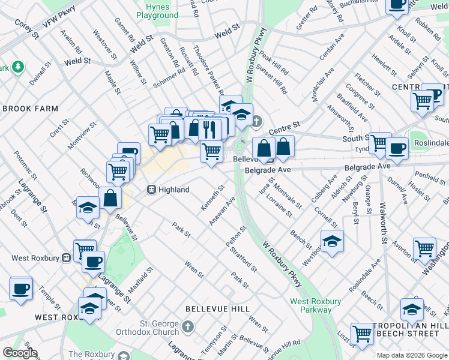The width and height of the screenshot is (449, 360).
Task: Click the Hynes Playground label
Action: point(157,10)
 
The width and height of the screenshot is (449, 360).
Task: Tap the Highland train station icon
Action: point(152,190)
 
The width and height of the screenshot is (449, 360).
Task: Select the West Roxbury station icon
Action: point(67,258)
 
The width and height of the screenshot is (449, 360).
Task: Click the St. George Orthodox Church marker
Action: point(188,327)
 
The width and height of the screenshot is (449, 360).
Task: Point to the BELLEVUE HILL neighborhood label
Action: point(217,308)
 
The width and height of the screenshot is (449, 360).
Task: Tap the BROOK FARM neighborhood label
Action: point(31,109)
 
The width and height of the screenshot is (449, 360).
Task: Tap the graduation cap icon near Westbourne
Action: point(332,241)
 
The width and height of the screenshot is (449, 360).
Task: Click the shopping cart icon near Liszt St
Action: point(362,333)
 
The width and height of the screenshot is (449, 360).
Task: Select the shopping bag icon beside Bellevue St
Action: point(111,197)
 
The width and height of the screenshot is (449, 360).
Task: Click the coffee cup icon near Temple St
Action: point(21,288)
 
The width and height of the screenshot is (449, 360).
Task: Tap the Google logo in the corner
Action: point(20,353)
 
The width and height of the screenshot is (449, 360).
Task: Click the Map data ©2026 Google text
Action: point(411,355)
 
